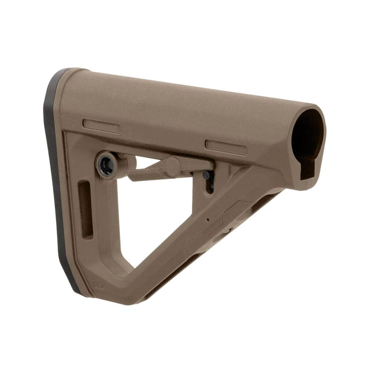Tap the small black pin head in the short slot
pos(207,175)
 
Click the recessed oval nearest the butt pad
pos(101,126)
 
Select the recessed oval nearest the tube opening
pos(226,147)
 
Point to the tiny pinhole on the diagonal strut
pos(208,220)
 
